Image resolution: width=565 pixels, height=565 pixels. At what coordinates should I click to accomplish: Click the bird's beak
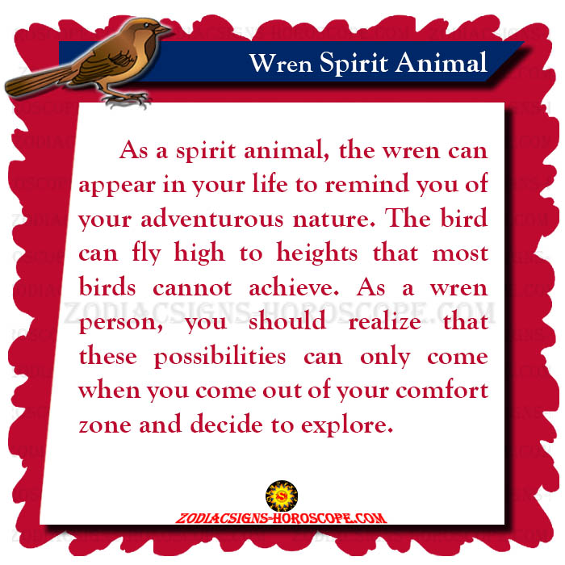[162, 29]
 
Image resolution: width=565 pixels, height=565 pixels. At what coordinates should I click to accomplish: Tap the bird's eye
[147, 25]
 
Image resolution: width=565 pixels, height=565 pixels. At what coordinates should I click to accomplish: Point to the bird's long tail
[40, 81]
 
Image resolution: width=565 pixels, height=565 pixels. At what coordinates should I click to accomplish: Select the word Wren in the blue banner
[281, 64]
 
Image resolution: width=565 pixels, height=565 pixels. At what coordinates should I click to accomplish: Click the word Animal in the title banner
[442, 62]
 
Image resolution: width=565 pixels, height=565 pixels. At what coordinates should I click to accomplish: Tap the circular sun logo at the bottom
[282, 496]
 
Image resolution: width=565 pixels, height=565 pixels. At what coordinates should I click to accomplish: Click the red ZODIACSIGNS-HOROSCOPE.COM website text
[281, 518]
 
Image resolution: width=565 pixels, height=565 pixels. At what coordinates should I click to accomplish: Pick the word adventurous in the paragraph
[212, 219]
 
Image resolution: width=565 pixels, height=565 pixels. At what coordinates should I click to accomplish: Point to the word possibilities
[220, 358]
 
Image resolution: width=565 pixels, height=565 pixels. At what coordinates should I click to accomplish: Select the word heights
[317, 253]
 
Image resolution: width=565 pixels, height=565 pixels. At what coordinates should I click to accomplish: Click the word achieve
[294, 287]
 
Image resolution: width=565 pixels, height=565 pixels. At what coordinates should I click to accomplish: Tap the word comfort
[442, 390]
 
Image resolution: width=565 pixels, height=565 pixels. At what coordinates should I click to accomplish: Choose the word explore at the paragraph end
[347, 425]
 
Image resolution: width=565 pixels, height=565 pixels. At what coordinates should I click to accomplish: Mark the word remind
[366, 184]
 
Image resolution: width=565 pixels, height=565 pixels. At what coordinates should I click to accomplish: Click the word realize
[384, 322]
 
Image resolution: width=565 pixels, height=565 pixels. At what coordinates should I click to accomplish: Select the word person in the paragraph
[121, 324]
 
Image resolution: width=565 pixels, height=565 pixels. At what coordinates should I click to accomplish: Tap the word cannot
[192, 288]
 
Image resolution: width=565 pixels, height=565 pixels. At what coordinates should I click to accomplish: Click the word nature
[334, 220]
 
